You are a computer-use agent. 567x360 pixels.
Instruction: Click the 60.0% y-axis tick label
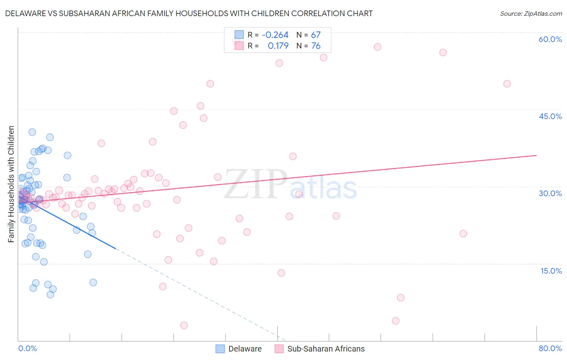550,39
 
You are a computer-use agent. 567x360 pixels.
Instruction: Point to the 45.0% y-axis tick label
550,116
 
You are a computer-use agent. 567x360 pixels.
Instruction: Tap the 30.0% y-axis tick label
550,193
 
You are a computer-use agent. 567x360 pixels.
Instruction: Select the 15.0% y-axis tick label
551,271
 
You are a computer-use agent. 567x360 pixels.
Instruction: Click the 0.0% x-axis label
27,348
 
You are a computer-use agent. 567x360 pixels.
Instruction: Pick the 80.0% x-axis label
550,348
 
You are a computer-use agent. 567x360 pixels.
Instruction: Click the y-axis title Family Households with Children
11,184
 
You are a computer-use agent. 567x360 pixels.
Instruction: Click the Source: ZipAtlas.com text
531,13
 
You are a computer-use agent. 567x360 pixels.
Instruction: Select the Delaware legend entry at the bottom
239,349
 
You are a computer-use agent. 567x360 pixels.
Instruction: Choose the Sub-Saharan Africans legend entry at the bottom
320,349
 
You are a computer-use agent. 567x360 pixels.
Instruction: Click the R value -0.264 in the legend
275,35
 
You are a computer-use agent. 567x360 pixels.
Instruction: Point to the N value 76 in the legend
316,46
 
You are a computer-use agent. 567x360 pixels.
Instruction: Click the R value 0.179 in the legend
278,46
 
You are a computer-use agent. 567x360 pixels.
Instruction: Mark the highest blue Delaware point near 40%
32,132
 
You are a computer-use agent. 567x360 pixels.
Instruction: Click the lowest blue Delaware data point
50,295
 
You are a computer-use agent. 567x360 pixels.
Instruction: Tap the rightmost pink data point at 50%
507,84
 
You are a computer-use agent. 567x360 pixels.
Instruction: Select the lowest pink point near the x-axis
184,325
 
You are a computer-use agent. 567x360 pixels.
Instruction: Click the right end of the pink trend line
536,155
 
